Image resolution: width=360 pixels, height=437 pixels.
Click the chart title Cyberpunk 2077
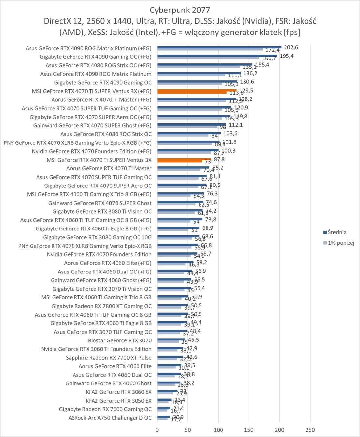click(180, 10)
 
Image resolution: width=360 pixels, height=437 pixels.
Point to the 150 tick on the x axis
click(249, 430)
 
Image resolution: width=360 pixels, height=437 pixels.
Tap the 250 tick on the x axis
click(310, 430)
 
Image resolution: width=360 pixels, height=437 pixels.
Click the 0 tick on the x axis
click(157, 430)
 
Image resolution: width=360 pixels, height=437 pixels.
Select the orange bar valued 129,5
click(197, 90)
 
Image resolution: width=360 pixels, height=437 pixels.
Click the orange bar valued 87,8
click(184, 159)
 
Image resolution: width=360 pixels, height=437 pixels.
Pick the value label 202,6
click(291, 48)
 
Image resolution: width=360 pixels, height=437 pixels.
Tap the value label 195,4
click(286, 56)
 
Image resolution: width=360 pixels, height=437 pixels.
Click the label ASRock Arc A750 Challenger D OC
click(110, 418)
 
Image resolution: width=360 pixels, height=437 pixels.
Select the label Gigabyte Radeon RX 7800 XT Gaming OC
click(101, 306)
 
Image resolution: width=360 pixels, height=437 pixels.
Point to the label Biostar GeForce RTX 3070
click(120, 340)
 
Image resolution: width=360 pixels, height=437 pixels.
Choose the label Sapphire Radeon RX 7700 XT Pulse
click(109, 358)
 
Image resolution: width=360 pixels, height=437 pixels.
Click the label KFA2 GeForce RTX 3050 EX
click(118, 401)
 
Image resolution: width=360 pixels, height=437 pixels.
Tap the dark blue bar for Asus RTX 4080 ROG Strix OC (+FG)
click(204, 64)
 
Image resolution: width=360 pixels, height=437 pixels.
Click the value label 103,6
click(230, 134)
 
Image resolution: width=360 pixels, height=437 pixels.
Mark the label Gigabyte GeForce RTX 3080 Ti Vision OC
click(102, 211)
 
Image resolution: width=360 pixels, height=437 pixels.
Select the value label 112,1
click(236, 125)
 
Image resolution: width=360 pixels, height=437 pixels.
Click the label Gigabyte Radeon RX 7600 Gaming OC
click(105, 409)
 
